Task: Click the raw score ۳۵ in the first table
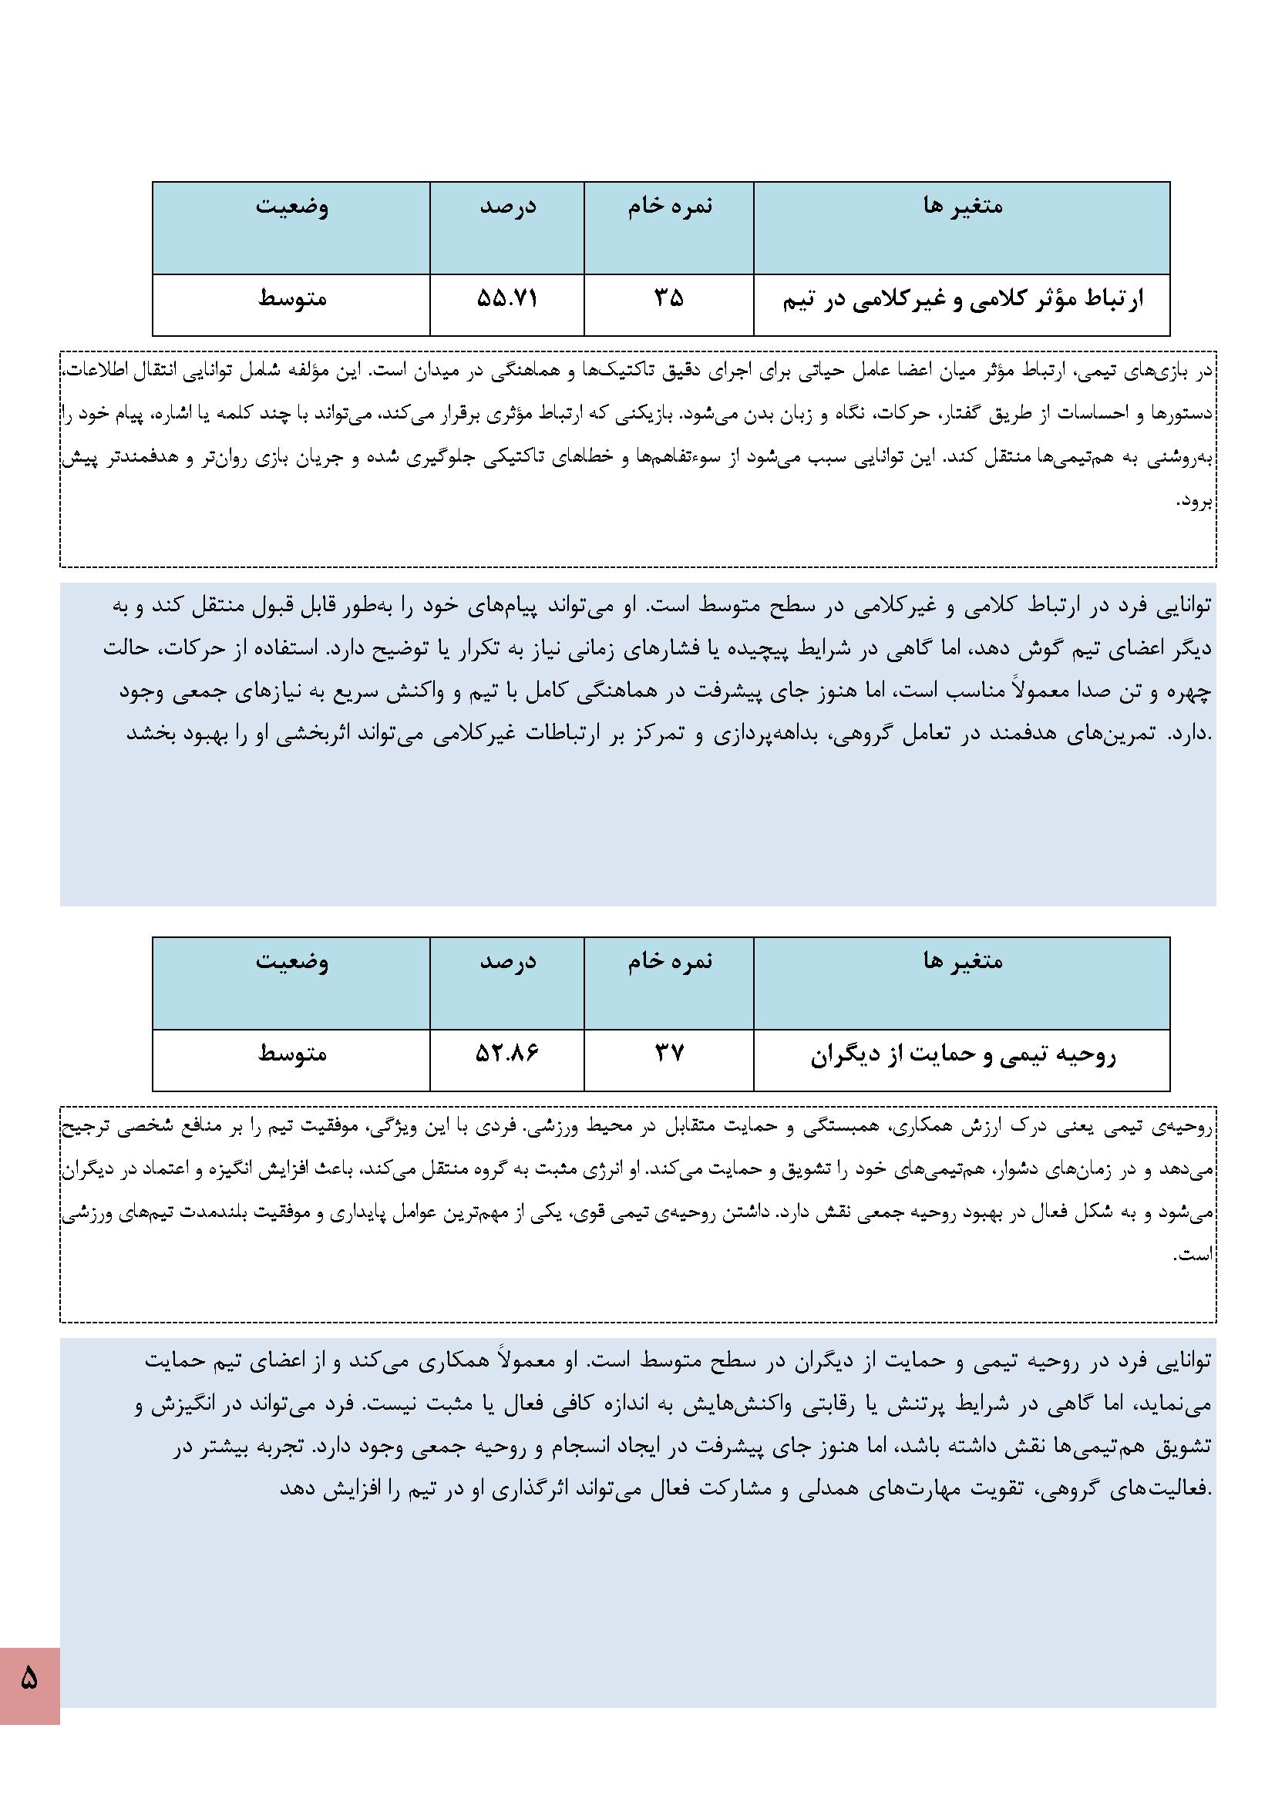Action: (669, 299)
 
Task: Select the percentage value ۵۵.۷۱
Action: (507, 299)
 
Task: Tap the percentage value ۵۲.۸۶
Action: (507, 1054)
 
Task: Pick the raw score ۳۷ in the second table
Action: (669, 1054)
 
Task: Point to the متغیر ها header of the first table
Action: (963, 207)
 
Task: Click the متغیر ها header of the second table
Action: (963, 961)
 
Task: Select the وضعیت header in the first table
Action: (291, 207)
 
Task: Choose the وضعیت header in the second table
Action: (291, 961)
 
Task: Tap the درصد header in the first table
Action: (507, 207)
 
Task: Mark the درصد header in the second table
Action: (507, 961)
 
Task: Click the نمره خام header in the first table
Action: (669, 207)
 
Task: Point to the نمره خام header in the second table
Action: (669, 961)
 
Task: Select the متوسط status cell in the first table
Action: (291, 299)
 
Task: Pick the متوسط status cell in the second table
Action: (291, 1054)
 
